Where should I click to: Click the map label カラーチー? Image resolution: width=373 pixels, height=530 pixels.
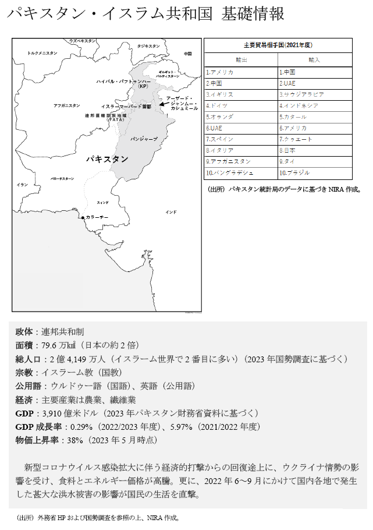click(97, 217)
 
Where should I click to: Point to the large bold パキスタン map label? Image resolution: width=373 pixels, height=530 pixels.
click(107, 158)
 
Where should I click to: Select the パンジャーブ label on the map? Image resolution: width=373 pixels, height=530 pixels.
click(144, 139)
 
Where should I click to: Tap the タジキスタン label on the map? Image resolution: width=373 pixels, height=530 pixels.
click(148, 46)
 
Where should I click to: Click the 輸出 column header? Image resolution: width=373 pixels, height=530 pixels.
click(241, 59)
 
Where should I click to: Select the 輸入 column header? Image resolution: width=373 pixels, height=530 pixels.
click(315, 59)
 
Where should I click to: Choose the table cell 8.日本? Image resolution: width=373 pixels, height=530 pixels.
click(287, 150)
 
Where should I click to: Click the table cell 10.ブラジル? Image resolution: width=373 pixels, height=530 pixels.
click(294, 173)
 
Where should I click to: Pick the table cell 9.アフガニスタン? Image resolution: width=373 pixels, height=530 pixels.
click(229, 161)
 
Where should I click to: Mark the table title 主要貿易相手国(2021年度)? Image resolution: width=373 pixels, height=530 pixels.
click(278, 45)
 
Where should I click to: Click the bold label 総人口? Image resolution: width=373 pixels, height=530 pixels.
click(27, 359)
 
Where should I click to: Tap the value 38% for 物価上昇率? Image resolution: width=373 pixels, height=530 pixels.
click(75, 440)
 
